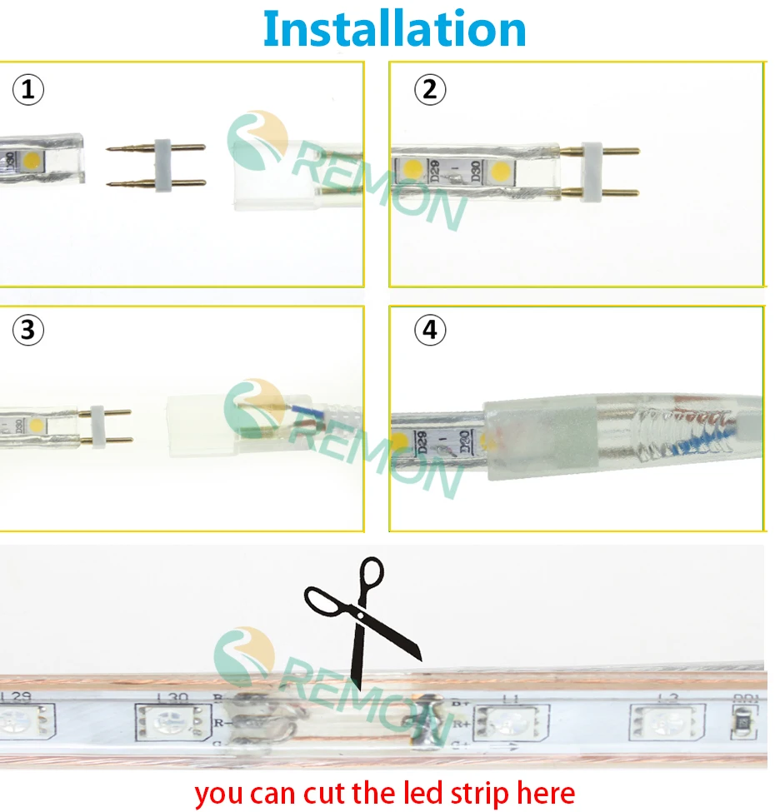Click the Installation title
click(394, 29)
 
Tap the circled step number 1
click(28, 90)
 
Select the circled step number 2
click(429, 90)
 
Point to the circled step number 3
click(28, 331)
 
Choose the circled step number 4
click(429, 331)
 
